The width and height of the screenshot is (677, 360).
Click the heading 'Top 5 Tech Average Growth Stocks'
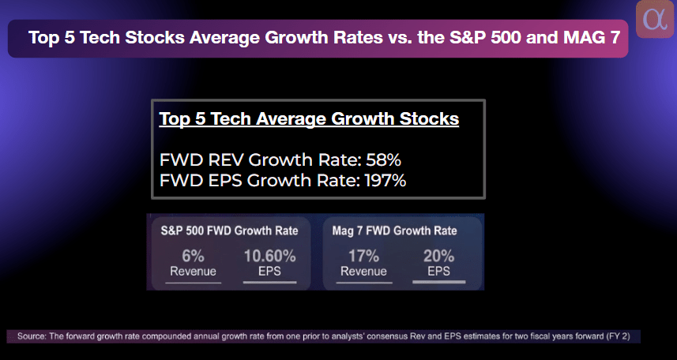pyautogui.click(x=309, y=119)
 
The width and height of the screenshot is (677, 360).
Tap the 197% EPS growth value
pyautogui.click(x=385, y=181)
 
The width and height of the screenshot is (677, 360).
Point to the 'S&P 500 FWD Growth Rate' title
pyautogui.click(x=229, y=231)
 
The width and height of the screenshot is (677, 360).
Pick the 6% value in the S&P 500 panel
pyautogui.click(x=193, y=256)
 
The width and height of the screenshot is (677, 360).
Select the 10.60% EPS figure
pyautogui.click(x=269, y=256)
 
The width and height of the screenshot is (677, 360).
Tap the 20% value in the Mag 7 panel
pyautogui.click(x=438, y=256)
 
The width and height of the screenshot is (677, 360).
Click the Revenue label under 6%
pyautogui.click(x=193, y=272)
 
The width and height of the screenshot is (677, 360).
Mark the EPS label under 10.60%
pyautogui.click(x=269, y=272)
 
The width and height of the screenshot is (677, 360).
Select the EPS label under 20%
pyautogui.click(x=438, y=272)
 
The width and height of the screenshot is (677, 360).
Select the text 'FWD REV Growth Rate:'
pyautogui.click(x=259, y=160)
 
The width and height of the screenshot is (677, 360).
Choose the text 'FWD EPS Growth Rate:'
pyautogui.click(x=259, y=181)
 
